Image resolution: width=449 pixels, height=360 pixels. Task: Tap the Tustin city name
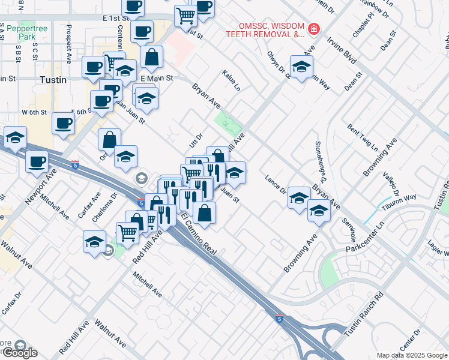[52, 79]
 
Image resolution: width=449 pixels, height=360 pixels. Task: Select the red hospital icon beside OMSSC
[313, 29]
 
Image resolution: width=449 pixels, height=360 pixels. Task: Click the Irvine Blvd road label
[342, 51]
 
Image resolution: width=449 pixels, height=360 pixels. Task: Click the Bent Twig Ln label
[362, 138]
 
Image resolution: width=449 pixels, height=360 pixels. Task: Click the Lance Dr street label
[276, 184]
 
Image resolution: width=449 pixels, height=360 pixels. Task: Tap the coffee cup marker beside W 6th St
[63, 124]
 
